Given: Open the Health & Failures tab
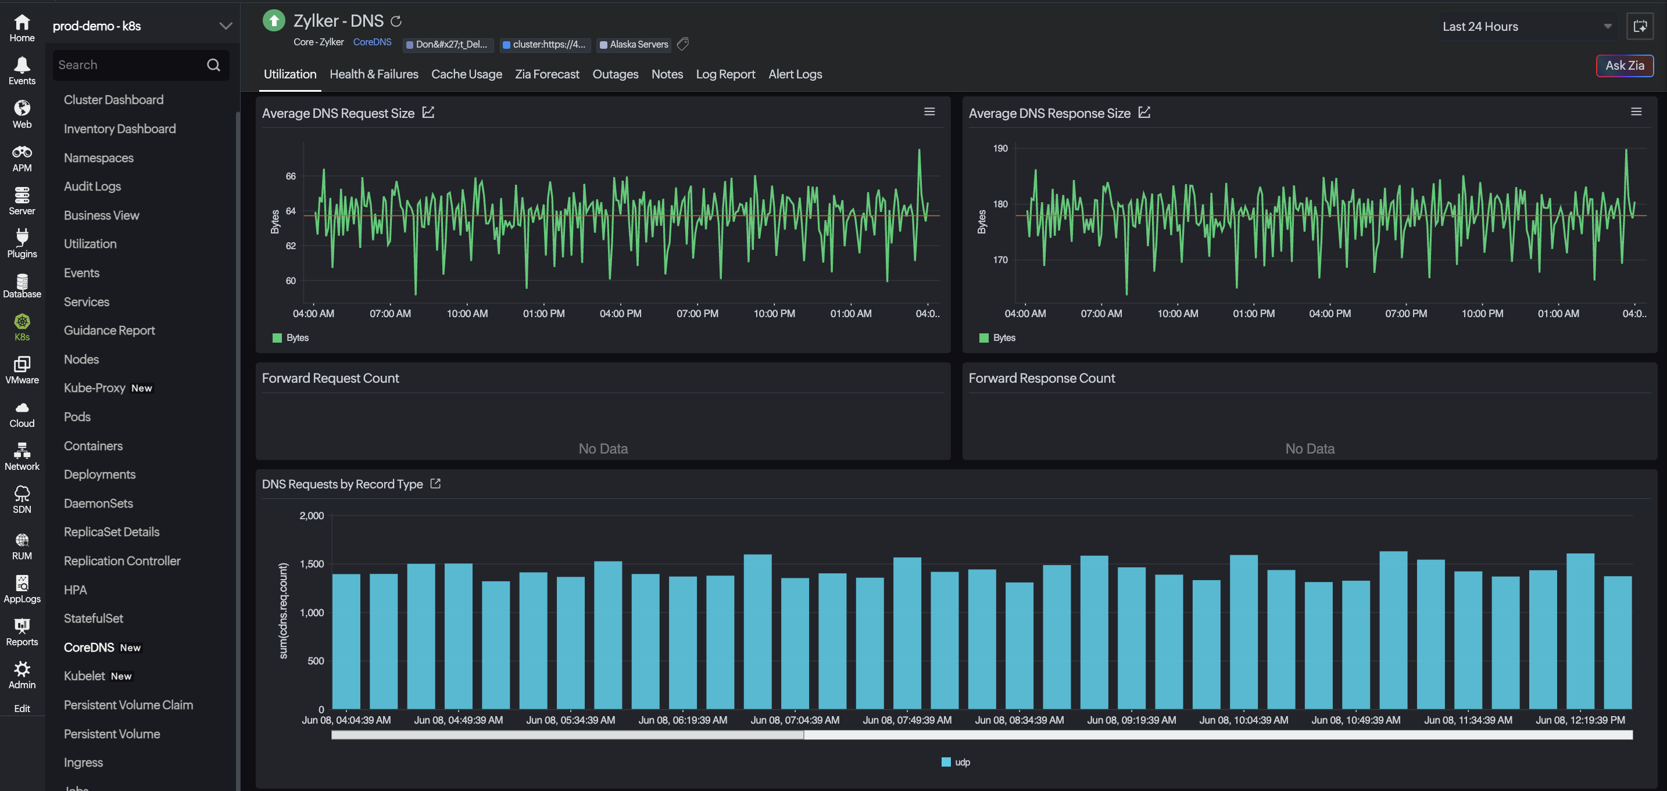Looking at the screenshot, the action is point(374,74).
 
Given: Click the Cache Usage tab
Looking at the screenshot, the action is point(467,74).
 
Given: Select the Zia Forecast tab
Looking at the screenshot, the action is point(547,74).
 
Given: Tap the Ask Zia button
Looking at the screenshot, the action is point(1625,65).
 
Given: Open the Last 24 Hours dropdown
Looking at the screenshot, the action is point(1526,27).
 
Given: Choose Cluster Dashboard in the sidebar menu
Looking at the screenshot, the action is point(113,100).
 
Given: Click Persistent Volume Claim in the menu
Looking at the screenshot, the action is point(128,704).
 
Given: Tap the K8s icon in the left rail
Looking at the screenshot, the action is point(22,321).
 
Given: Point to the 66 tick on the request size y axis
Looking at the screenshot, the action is point(291,176).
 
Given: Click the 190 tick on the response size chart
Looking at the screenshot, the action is point(1000,148).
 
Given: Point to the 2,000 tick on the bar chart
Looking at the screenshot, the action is point(312,516).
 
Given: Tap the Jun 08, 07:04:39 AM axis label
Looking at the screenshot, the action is point(795,720).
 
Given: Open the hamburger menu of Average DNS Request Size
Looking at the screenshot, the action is point(929,112).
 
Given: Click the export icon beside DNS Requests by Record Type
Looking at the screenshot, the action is point(435,484).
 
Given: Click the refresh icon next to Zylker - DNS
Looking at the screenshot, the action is point(396,21).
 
